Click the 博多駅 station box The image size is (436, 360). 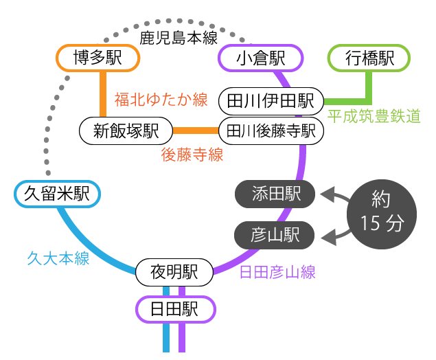97,58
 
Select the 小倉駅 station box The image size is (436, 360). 260,58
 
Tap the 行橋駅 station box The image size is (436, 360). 369,58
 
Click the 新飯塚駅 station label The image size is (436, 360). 126,131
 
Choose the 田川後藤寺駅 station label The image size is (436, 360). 271,131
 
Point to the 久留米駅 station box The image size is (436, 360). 57,194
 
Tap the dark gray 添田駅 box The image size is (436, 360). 275,194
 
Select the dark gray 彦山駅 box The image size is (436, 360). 275,236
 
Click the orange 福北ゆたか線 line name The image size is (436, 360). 161,100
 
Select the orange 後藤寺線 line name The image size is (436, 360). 192,155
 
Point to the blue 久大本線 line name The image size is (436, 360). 58,258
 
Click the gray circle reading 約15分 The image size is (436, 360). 381,212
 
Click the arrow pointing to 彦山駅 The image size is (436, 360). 334,236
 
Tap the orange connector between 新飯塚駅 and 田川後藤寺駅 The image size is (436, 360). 196,131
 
